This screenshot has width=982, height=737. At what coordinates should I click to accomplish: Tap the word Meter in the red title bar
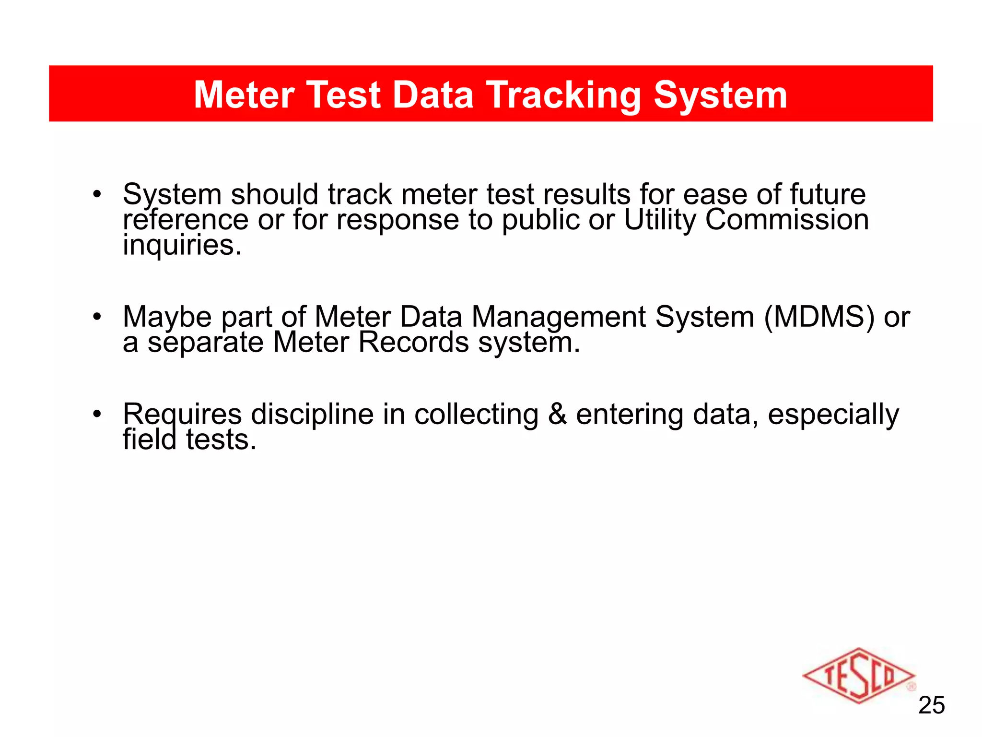244,95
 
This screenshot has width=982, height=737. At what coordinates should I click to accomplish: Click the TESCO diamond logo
858,675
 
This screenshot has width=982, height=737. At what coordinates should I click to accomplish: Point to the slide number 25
931,705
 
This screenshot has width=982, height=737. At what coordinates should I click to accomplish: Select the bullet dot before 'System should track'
97,194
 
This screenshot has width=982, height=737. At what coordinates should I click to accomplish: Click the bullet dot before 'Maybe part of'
97,317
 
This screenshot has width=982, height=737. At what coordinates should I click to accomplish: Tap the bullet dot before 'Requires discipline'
97,414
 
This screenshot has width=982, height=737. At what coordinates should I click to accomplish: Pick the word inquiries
182,245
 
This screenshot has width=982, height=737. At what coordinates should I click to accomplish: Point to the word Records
413,343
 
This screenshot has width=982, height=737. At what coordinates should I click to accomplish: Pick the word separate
205,343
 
